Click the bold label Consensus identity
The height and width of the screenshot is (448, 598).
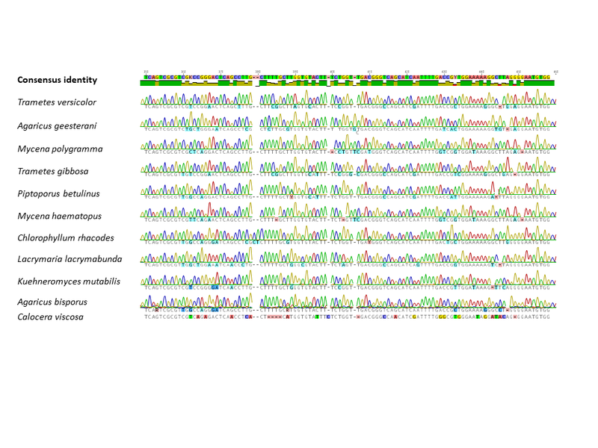click(57, 80)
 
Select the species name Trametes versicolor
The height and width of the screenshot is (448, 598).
click(57, 102)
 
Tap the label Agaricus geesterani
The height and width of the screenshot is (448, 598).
click(57, 125)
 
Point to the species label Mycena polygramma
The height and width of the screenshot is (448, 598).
click(60, 149)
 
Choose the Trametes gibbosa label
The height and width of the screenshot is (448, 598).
click(54, 171)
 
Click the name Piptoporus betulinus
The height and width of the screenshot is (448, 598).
click(58, 193)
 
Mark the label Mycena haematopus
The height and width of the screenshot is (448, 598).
click(59, 216)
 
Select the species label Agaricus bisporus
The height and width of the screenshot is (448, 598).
click(52, 302)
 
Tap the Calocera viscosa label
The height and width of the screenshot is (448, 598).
click(51, 317)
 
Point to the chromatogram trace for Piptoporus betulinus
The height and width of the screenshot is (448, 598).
click(347, 189)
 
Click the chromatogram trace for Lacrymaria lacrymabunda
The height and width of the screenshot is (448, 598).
click(347, 255)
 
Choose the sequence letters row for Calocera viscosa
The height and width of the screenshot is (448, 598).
click(347, 317)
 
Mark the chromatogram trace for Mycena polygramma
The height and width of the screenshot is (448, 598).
click(347, 143)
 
